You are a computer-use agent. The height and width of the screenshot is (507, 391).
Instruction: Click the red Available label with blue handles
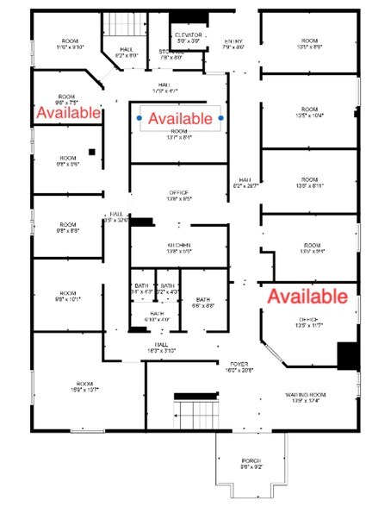[x=180, y=117]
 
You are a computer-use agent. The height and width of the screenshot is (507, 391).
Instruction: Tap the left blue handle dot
[x=140, y=117]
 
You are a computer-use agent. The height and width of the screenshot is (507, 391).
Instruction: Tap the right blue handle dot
[x=221, y=117]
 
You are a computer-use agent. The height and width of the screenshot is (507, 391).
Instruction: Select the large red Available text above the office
[x=306, y=297]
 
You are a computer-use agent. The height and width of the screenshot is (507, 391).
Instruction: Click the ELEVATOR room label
[x=188, y=38]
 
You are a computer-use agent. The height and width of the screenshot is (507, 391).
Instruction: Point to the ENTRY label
[x=234, y=44]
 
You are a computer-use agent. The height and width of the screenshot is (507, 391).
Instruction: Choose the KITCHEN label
[x=179, y=245]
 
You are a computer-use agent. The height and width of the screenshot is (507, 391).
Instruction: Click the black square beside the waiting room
[x=348, y=354]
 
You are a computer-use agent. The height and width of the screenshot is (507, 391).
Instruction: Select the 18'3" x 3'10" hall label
[x=158, y=347]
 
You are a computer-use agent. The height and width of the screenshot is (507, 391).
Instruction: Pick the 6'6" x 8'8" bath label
[x=203, y=303]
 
